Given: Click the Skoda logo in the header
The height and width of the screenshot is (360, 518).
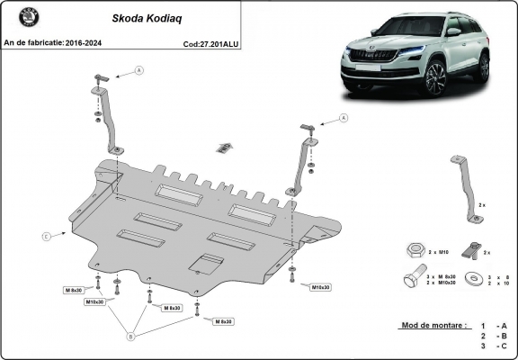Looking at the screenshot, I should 15,21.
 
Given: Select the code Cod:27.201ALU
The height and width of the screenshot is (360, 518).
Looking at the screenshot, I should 211,42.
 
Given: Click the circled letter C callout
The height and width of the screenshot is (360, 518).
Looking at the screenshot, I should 46,237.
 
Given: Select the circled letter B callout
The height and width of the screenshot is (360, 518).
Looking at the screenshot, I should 130,337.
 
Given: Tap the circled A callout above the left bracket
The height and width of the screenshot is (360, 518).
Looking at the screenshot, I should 139,69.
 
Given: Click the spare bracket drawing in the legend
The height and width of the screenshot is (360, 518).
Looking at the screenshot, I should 462,186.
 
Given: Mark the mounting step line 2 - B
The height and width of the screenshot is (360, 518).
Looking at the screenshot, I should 494,335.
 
